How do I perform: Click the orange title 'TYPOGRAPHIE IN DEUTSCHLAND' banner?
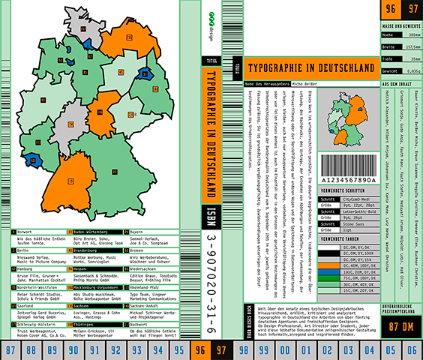[310, 67]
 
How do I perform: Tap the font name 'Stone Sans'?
[352, 223]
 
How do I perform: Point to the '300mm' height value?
[411, 34]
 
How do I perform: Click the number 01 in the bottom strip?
[304, 349]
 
